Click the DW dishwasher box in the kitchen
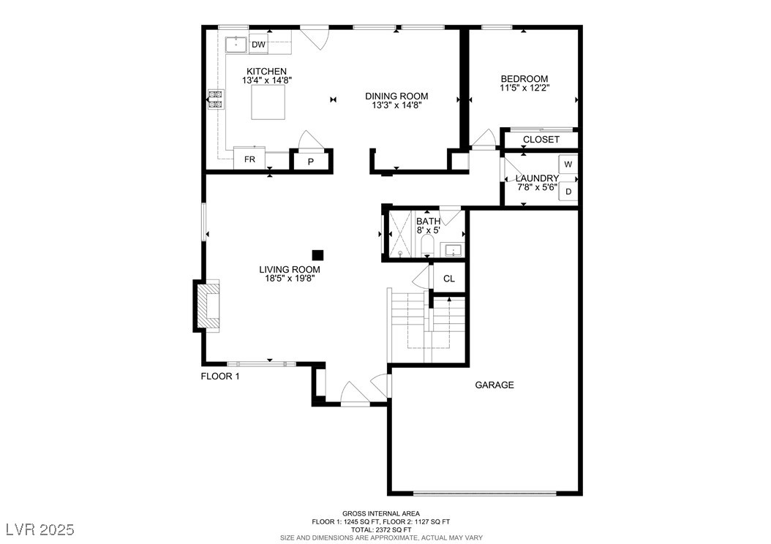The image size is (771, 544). coord(259,44)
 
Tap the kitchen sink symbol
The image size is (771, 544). coord(236,45)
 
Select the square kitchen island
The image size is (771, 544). coord(268,102)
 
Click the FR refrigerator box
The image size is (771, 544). coord(249,159)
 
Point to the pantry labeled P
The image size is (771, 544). coord(311,161)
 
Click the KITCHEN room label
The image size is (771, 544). coord(266,71)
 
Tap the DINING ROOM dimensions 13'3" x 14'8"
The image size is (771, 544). coord(396,105)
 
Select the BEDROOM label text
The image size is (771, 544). coord(524,79)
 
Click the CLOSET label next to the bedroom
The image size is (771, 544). coord(541,140)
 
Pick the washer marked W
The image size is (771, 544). coord(568,164)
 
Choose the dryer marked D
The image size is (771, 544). coord(568,191)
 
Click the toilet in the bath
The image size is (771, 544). coord(427,245)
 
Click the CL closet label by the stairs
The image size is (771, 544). coord(449,279)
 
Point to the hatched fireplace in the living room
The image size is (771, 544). coord(207,306)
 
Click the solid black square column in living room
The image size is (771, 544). coord(318,254)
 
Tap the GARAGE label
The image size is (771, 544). coord(494,385)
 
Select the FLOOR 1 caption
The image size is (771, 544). coord(219,377)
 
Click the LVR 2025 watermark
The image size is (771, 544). coord(40,529)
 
